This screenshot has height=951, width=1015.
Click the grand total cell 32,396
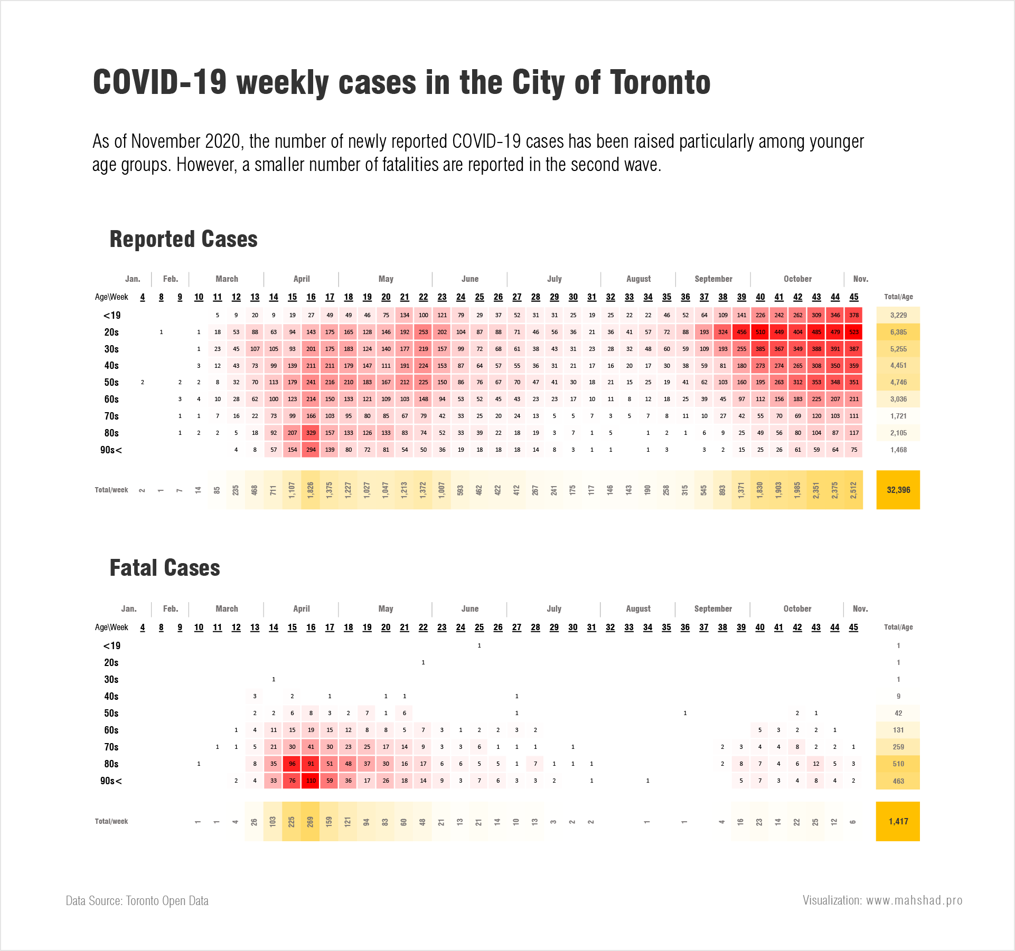tap(898, 490)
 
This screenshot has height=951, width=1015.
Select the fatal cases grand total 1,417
tap(898, 821)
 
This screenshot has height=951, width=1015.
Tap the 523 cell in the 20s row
tap(854, 332)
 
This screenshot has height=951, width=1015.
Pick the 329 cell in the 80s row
tap(311, 433)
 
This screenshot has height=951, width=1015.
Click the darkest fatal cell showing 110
tap(311, 781)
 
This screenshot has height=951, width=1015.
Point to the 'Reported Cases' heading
tap(183, 239)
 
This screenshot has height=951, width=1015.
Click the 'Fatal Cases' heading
tap(165, 568)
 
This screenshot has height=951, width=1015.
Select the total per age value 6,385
tap(898, 332)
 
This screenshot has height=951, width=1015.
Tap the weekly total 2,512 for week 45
tap(853, 490)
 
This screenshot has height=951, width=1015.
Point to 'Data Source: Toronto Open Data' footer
tap(137, 901)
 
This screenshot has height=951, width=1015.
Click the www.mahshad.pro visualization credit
tap(882, 900)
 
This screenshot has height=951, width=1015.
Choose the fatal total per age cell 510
tap(898, 764)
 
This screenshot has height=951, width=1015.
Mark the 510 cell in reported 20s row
tap(760, 332)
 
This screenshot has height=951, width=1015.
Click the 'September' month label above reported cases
tap(713, 279)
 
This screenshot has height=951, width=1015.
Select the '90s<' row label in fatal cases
tap(111, 781)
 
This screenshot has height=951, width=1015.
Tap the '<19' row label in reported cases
tap(111, 316)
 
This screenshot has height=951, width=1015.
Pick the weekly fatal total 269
tap(311, 821)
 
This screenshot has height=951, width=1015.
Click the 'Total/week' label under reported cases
tap(111, 490)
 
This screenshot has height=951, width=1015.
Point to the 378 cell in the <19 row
tap(854, 315)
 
